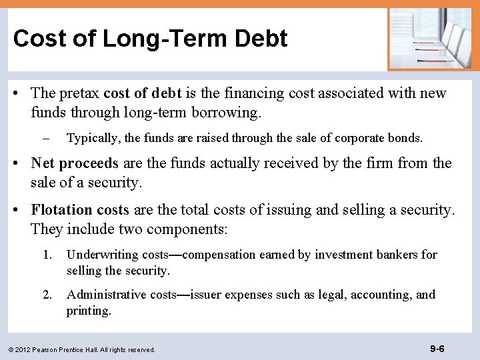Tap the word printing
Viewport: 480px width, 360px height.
tap(88, 311)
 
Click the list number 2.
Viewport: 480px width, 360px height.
tap(46, 295)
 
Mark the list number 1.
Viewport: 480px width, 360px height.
tap(46, 255)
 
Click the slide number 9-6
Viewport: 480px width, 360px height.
tap(437, 348)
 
